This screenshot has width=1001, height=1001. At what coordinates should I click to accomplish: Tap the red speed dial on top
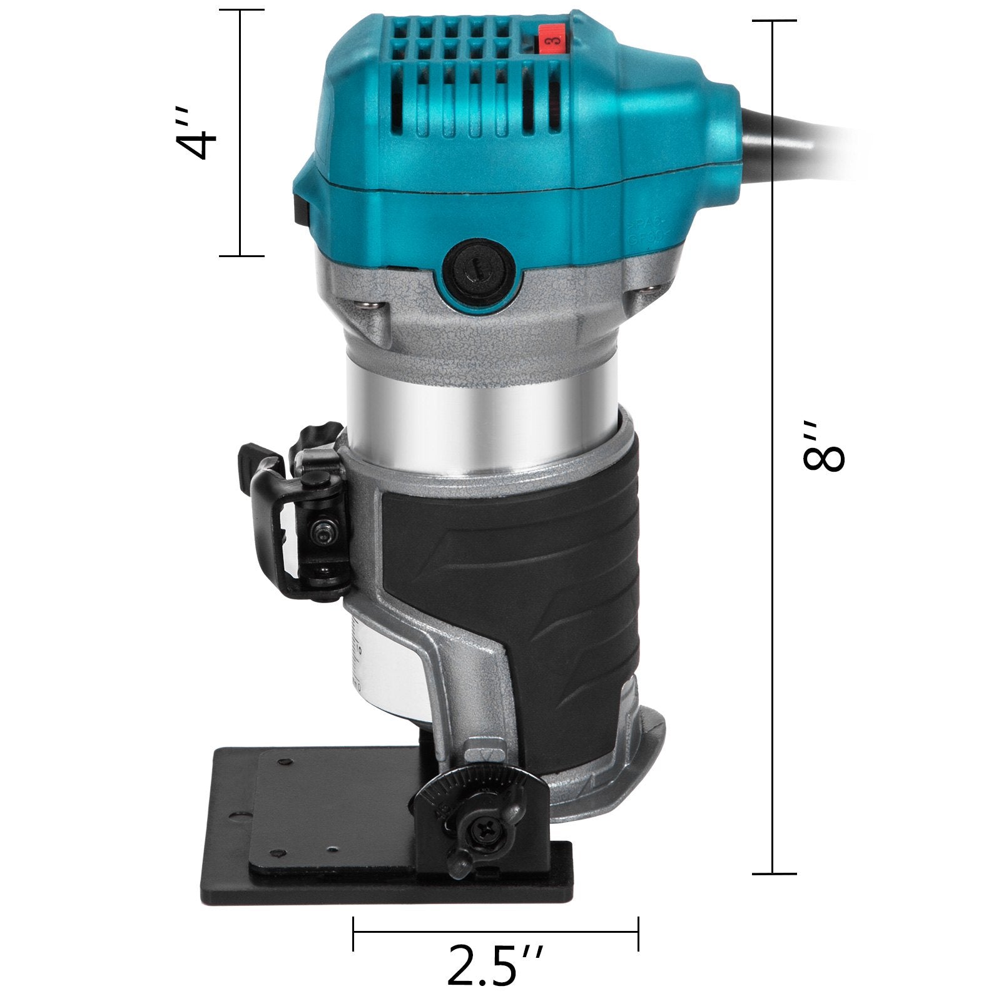pos(549,43)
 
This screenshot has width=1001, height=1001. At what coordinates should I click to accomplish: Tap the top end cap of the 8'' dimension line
pos(774,21)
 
